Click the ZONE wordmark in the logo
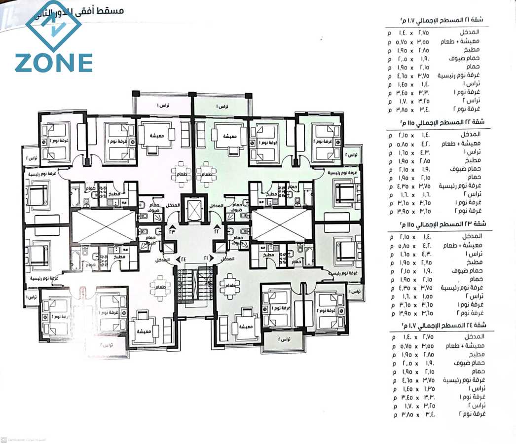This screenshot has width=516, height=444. tap(53, 63)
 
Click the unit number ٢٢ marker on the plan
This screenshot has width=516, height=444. tap(216, 230)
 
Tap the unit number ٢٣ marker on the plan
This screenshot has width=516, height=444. tap(172, 230)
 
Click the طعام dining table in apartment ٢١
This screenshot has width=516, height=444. tap(230, 286)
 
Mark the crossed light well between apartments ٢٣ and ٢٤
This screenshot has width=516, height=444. tap(103, 226)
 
